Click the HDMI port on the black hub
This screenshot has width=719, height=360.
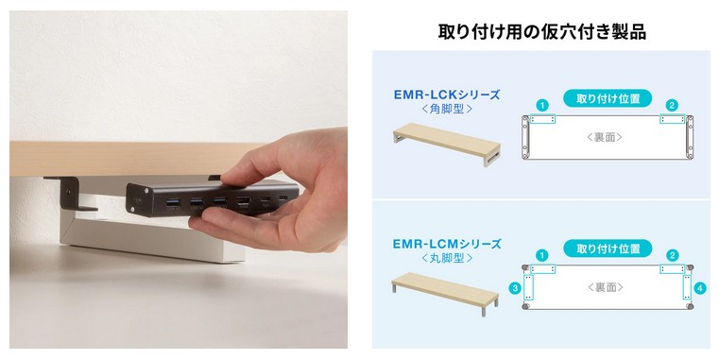(243, 201)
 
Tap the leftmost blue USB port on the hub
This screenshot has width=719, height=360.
(173, 202)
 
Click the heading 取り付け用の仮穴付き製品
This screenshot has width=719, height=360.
(542, 31)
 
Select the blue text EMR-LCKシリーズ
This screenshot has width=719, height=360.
(447, 94)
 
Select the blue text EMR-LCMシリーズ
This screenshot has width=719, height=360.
(447, 244)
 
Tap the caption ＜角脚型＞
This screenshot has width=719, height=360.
(447, 110)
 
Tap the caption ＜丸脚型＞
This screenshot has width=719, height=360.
(447, 258)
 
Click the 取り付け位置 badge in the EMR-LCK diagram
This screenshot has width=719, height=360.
(608, 98)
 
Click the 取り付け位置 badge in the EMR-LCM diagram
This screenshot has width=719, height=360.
(608, 249)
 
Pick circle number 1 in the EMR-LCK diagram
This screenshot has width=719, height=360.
(542, 106)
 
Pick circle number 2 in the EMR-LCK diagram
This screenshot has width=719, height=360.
(672, 106)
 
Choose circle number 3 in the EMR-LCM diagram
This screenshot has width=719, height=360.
(515, 288)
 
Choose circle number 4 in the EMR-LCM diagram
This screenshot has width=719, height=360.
(700, 288)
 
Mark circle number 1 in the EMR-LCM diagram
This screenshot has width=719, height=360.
(542, 255)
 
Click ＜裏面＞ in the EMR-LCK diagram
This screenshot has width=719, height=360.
(606, 137)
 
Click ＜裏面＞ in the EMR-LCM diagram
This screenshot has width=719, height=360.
(606, 287)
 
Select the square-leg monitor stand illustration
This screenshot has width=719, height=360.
(447, 144)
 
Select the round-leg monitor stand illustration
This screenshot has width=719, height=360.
(445, 294)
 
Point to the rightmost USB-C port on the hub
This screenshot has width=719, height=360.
(283, 199)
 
